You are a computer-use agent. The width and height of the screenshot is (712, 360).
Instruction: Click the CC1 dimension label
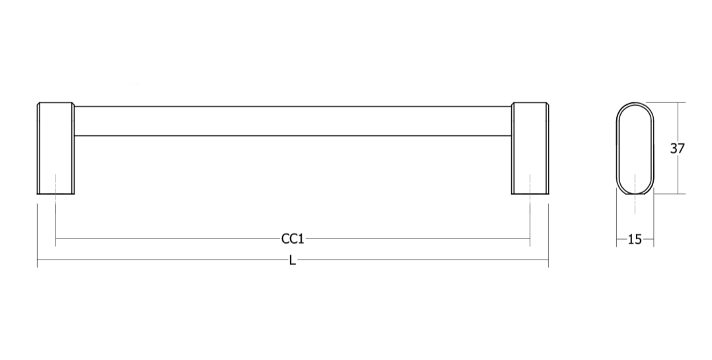click(293, 238)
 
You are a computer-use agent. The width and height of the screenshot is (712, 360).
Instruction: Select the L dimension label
click(293, 260)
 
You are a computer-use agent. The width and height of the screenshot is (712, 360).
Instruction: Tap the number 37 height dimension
click(677, 149)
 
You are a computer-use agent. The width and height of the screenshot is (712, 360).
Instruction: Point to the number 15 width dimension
click(635, 239)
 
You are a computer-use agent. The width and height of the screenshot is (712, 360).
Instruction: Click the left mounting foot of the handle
click(55, 149)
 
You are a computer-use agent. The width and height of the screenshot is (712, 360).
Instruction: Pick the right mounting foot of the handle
click(530, 149)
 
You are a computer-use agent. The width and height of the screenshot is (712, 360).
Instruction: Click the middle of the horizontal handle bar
click(293, 121)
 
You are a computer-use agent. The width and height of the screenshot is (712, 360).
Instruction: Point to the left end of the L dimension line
click(37, 260)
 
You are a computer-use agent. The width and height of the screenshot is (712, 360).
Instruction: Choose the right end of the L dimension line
click(548, 260)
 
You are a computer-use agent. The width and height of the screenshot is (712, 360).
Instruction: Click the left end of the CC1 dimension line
click(55, 238)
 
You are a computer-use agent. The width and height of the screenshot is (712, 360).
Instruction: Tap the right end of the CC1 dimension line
click(530, 238)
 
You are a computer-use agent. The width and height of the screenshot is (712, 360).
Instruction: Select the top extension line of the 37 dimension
click(666, 102)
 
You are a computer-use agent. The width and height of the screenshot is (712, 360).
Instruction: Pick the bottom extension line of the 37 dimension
click(669, 194)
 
